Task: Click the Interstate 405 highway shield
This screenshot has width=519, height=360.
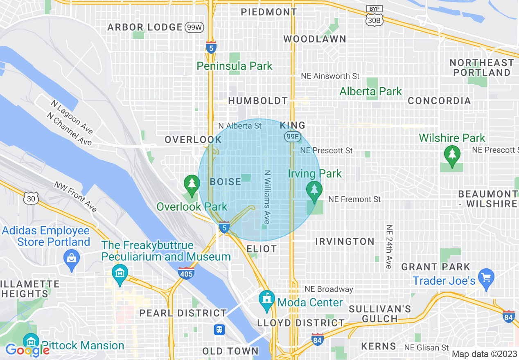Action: point(186,273)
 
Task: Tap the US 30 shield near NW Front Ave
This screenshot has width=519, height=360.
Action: point(32,198)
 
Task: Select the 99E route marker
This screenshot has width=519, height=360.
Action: point(292,137)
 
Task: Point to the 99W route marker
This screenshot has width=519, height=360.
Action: point(194,27)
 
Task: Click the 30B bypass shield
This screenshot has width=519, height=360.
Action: point(375,17)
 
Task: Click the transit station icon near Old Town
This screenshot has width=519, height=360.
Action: point(220,329)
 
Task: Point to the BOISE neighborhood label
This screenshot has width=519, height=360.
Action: point(226,182)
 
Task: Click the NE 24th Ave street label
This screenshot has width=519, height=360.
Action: point(389,247)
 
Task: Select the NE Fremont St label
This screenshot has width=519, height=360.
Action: point(354,199)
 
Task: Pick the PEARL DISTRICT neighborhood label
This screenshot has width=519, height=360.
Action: point(183,313)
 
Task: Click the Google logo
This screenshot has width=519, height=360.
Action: point(27,350)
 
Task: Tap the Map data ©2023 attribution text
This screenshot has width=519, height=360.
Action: point(484,354)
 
